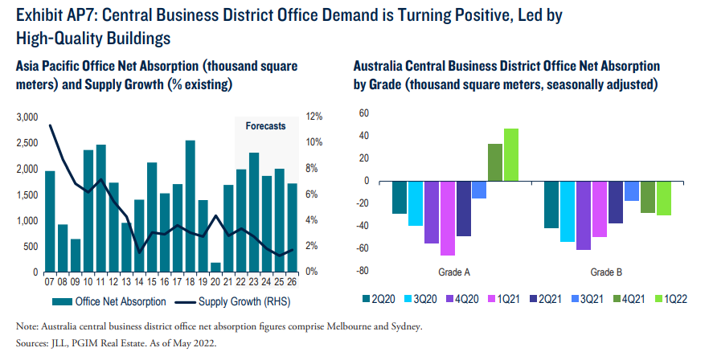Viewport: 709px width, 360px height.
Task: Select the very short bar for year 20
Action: [216, 268]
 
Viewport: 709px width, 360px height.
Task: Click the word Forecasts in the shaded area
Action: [264, 126]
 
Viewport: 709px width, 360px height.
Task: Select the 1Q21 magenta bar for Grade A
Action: [448, 218]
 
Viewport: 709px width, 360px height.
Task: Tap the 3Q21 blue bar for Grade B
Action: [632, 190]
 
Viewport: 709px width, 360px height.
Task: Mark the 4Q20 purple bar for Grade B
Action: [584, 215]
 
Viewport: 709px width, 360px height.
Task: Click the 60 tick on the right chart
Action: [363, 114]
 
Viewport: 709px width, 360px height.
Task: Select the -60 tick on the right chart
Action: [361, 248]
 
